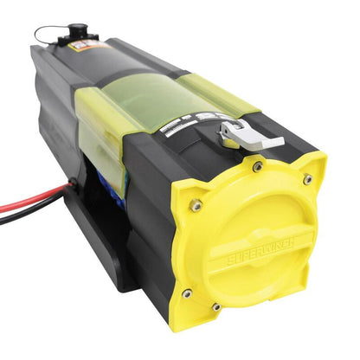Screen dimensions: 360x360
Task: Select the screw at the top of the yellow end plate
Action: [x=257, y=165]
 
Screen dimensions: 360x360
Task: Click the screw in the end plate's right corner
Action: [x=307, y=179]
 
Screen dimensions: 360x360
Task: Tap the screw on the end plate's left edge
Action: [x=196, y=205]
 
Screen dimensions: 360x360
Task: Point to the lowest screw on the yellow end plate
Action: [x=216, y=306]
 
